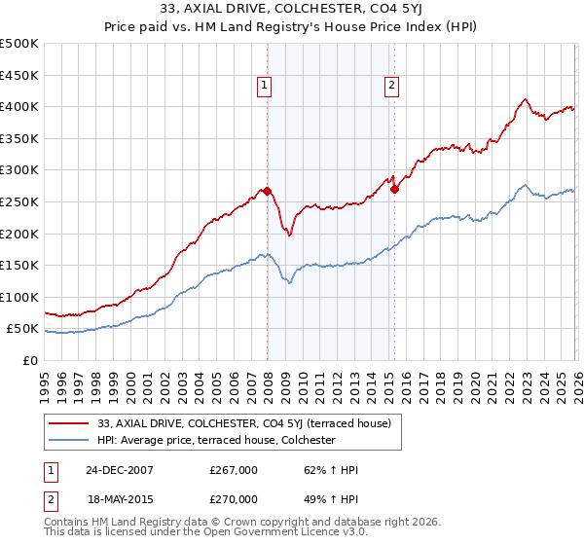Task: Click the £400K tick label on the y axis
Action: coord(19,106)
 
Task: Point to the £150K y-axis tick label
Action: coord(19,265)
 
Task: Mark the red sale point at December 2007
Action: coord(267,191)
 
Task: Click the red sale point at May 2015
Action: coord(394,190)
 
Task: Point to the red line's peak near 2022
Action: coord(526,99)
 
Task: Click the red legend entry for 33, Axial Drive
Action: coord(243,423)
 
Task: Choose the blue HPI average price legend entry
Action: coord(215,441)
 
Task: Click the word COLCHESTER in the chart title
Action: coord(343,11)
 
